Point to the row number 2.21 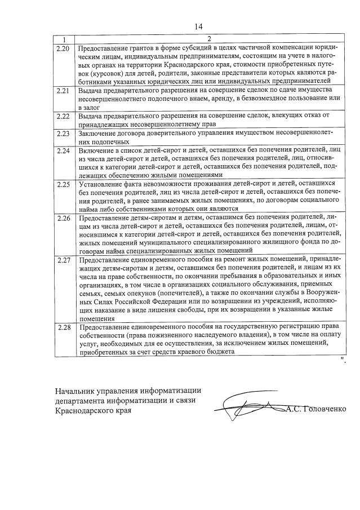pyautogui.click(x=64, y=91)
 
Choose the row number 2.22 pyautogui.click(x=64, y=116)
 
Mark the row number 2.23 pyautogui.click(x=64, y=134)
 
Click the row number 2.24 pyautogui.click(x=64, y=150)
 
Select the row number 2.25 pyautogui.click(x=64, y=184)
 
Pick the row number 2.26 pyautogui.click(x=64, y=218)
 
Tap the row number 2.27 pyautogui.click(x=64, y=260)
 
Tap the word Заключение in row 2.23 pyautogui.click(x=97, y=133)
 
